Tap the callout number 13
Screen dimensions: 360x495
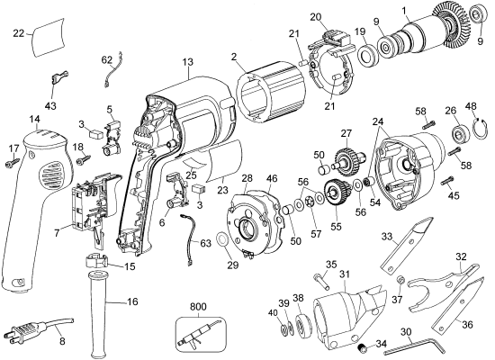point(187,61)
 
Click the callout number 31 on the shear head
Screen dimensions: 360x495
point(345,274)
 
